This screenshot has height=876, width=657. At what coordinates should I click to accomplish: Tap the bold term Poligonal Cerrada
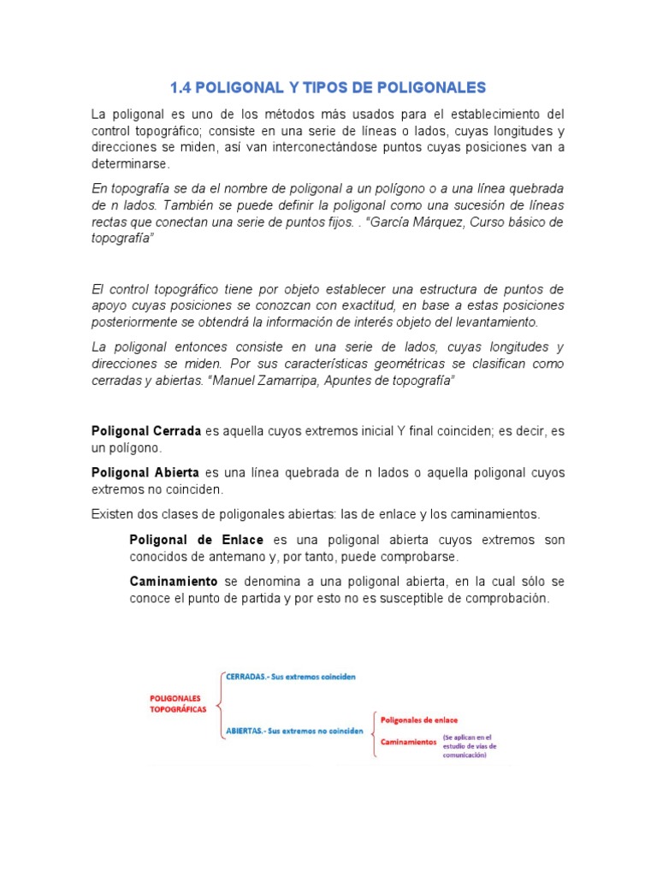[x=146, y=432]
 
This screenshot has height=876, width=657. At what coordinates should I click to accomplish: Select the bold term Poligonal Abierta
[x=145, y=473]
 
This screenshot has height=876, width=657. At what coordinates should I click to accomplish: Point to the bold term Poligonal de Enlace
[x=197, y=541]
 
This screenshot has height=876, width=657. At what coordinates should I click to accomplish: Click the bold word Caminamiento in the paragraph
[x=175, y=582]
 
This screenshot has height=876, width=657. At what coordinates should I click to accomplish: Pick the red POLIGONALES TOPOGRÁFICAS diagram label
[x=178, y=703]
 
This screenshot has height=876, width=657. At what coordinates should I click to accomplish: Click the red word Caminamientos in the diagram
[x=408, y=742]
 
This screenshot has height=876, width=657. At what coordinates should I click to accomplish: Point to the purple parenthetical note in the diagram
[x=470, y=746]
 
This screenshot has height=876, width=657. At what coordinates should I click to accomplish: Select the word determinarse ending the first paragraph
[x=131, y=163]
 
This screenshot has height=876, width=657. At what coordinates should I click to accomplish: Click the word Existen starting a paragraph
[x=112, y=514]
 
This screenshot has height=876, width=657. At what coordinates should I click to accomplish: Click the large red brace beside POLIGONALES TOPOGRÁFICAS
[x=222, y=705]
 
